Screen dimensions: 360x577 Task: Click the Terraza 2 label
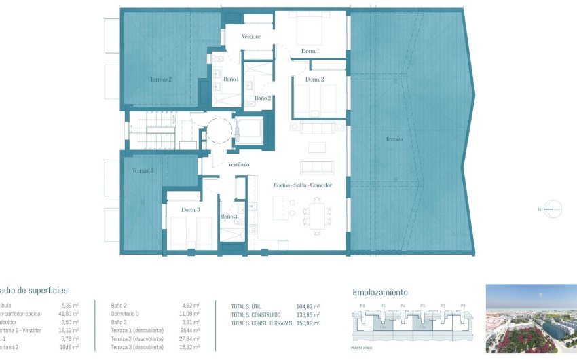160,79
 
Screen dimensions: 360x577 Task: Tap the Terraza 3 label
143,170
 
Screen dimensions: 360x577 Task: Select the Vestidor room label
251,37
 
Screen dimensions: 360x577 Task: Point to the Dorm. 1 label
310,51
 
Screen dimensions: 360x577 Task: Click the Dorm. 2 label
314,79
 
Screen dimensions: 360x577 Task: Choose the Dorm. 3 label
191,210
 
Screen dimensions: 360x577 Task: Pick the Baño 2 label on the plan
263,98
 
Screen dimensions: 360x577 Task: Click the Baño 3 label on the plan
229,217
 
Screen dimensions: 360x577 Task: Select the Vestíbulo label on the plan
238,165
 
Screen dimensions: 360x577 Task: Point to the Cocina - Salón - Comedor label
303,185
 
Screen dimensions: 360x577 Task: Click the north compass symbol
554,209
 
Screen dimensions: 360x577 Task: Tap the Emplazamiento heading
380,293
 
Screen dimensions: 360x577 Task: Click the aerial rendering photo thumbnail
531,319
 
